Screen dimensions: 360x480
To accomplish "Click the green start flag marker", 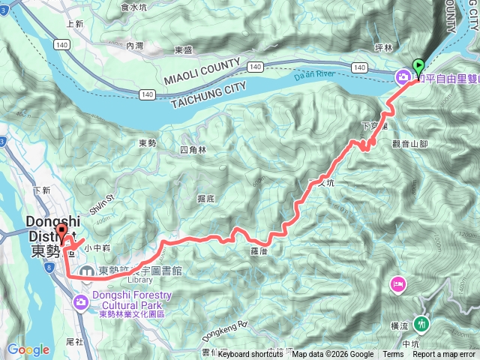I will pos(418,66).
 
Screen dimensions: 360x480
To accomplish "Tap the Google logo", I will pos(28,349).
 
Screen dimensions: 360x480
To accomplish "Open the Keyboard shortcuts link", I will pos(251,354).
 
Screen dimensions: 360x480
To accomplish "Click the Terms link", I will pos(392,354).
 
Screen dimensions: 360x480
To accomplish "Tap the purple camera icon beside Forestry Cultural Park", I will pos(81,301).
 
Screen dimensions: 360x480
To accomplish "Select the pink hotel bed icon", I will pos(397,284).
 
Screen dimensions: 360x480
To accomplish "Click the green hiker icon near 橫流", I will pos(421,324).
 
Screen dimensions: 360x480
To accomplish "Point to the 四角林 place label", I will pos(193,150).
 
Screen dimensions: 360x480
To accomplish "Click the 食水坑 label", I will pos(135,7).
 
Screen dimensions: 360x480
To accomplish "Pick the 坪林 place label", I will pos(383,48).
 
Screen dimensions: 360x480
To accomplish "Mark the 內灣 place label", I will pos(135,46).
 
